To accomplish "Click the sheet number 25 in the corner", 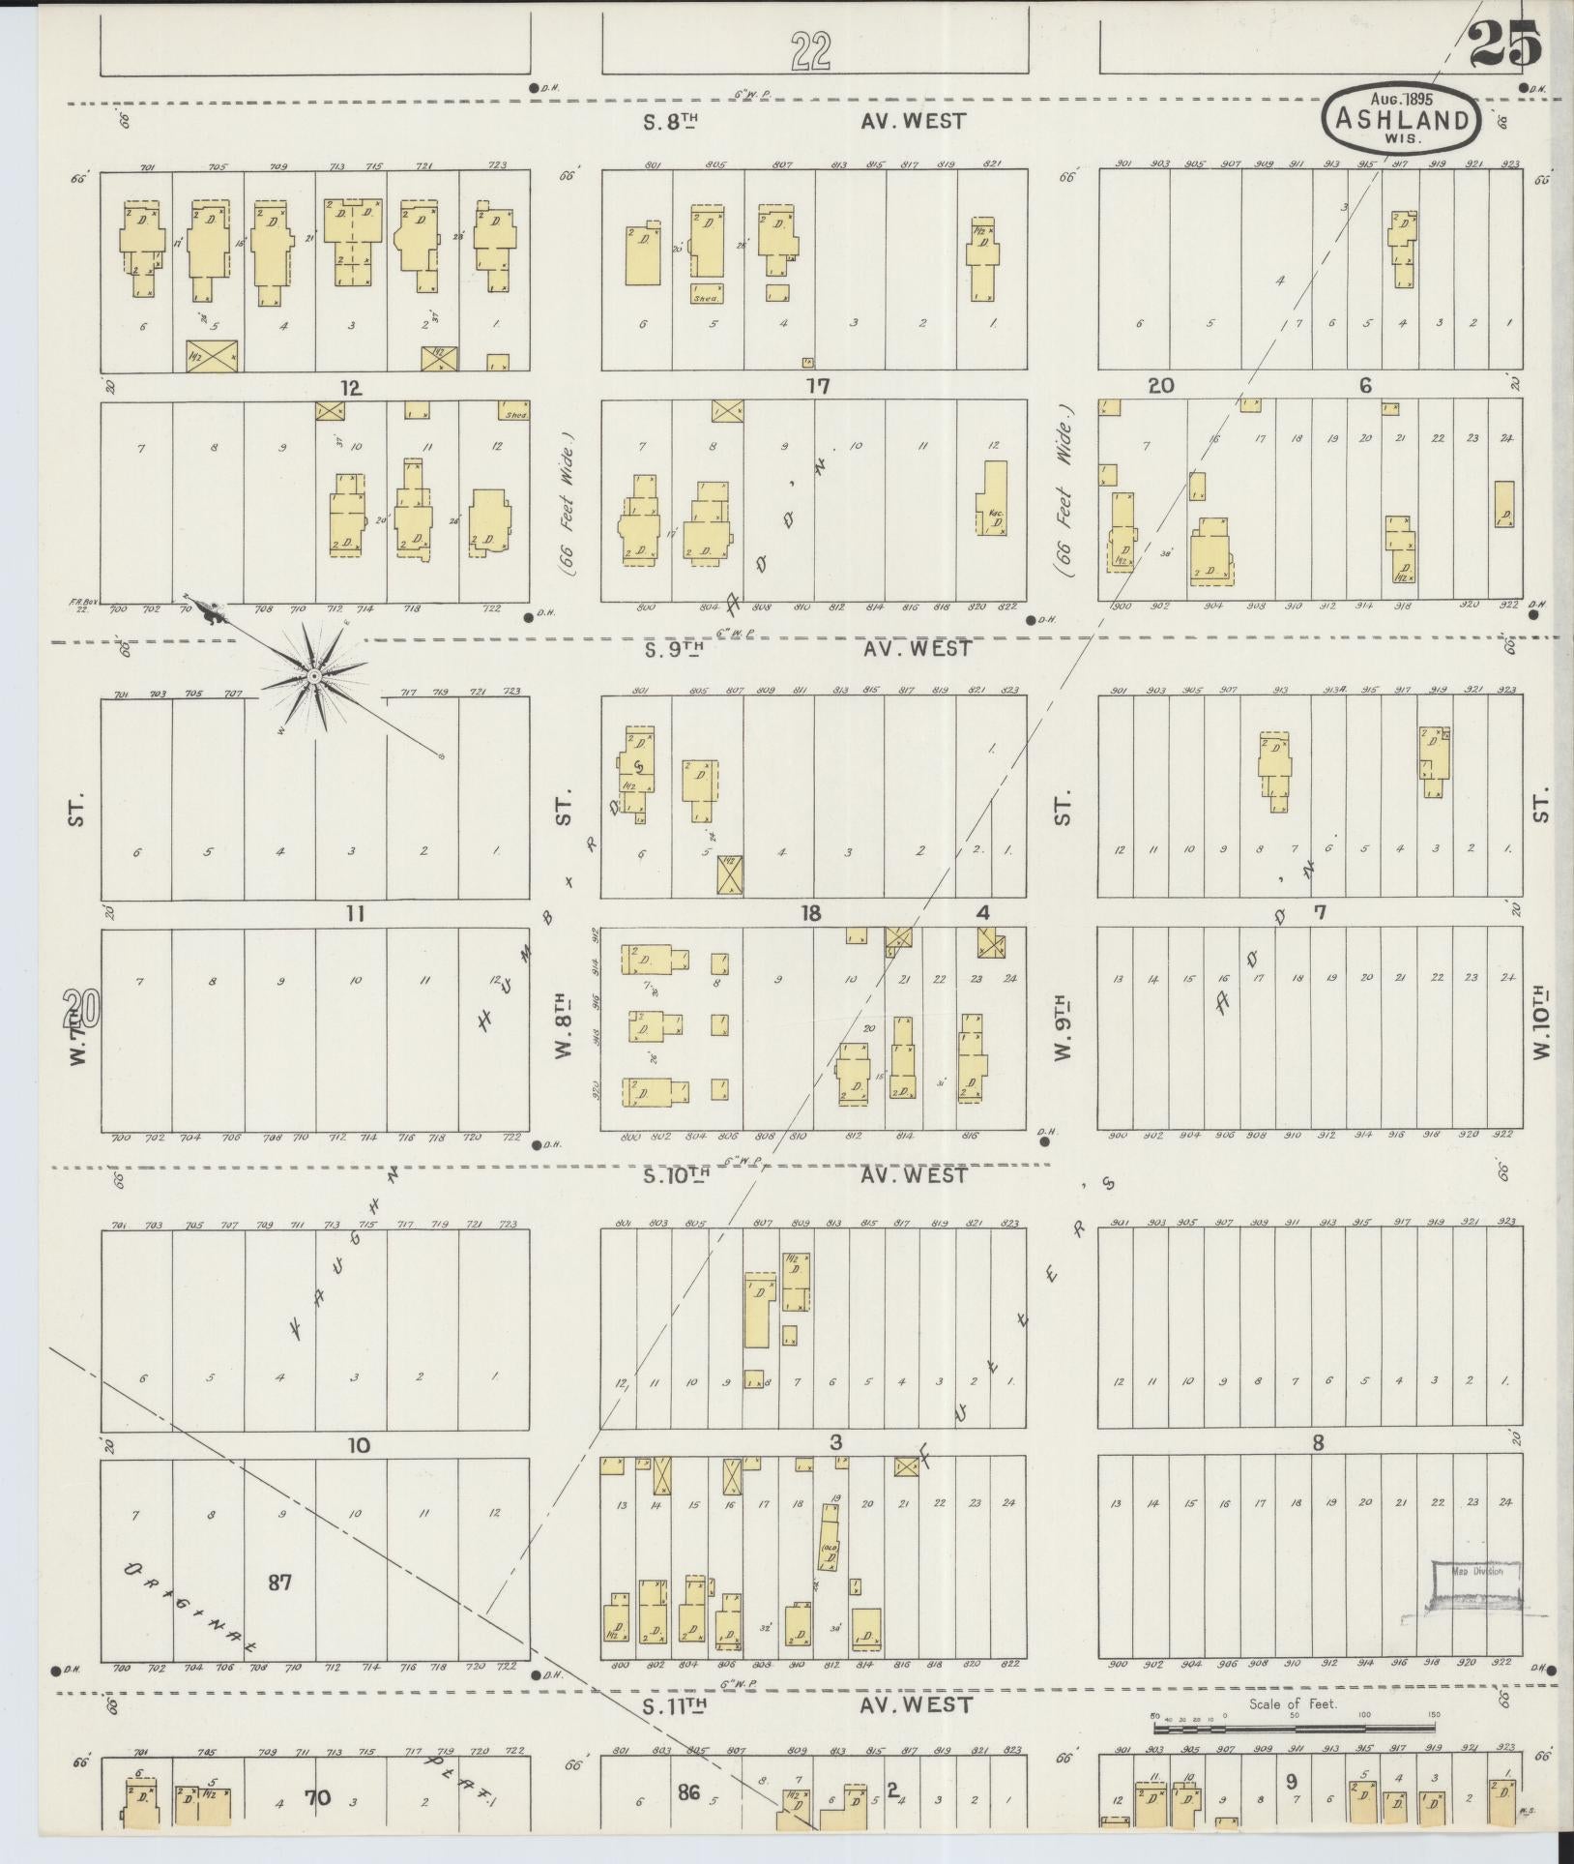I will [x=1503, y=46].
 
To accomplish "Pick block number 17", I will [x=818, y=388].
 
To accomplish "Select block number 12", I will [x=349, y=388].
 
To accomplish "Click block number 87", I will [x=280, y=1583].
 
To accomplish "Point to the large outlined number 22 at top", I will [x=810, y=50].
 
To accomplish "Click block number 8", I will [x=1317, y=1445].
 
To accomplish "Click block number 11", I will [x=356, y=913].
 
